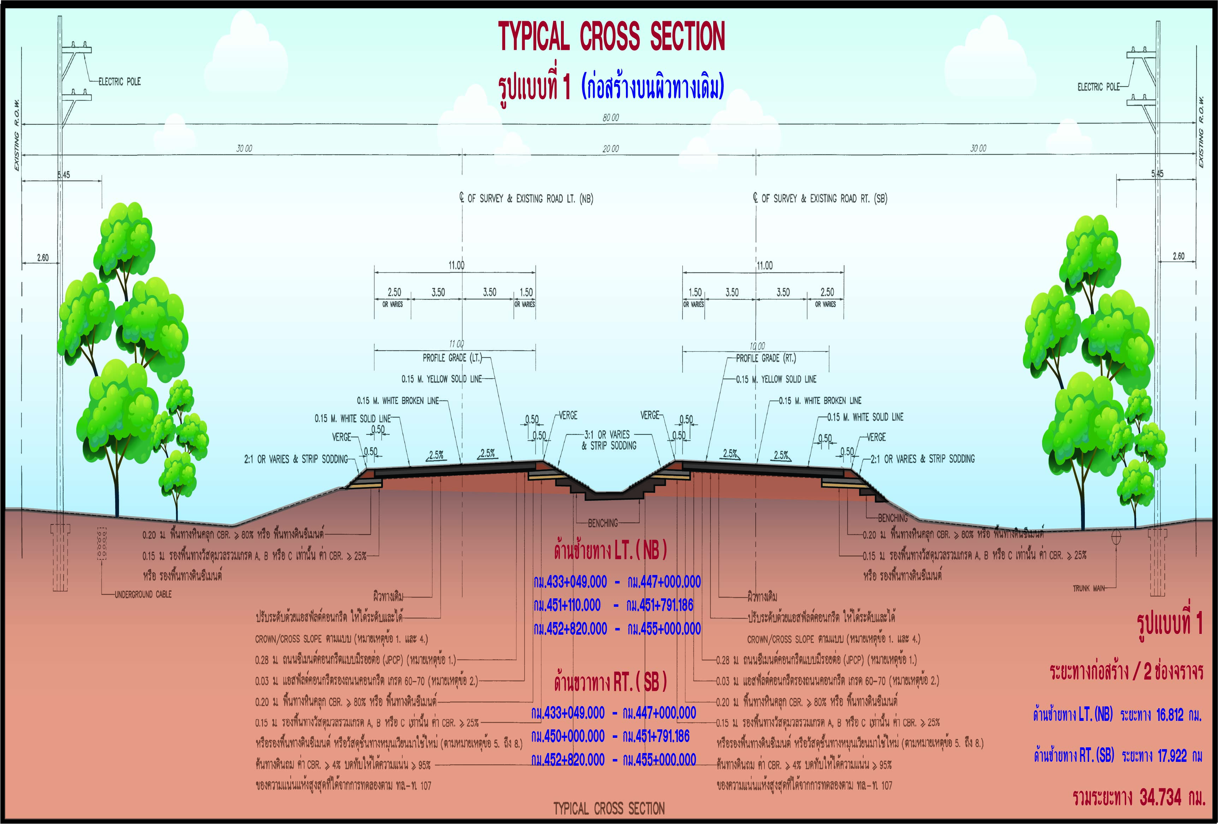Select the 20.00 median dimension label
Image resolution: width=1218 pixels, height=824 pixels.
click(x=610, y=149)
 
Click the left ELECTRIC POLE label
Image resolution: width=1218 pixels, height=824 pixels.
click(x=119, y=82)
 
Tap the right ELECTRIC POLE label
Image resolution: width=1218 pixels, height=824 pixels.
click(x=1098, y=87)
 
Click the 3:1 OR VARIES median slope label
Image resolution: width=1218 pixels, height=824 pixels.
click(x=608, y=434)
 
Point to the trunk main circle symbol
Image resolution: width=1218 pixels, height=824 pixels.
click(x=1116, y=537)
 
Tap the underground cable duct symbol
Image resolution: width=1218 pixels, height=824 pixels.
click(x=102, y=544)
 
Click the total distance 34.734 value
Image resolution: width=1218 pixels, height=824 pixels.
click(x=1160, y=798)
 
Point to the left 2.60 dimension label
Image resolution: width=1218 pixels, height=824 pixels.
click(x=42, y=257)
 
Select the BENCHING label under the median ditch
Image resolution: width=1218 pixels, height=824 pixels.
click(x=603, y=523)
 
